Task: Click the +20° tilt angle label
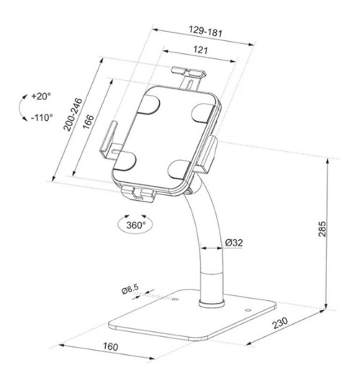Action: pos(42,95)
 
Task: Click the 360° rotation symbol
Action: pos(133,224)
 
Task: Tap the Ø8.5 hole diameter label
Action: pos(130,289)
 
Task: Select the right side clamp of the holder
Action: pos(210,152)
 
